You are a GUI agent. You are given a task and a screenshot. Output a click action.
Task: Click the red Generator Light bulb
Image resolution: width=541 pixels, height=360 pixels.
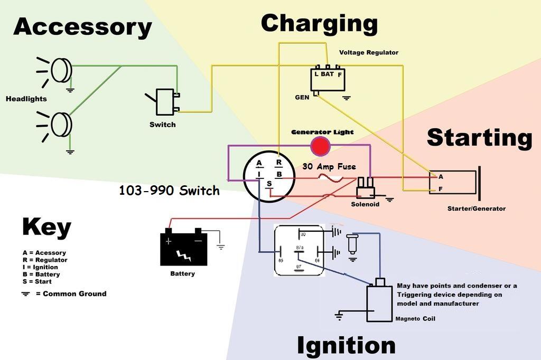coord(320,146)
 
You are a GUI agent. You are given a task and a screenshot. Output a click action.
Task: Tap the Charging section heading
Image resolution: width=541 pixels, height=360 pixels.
coord(319,23)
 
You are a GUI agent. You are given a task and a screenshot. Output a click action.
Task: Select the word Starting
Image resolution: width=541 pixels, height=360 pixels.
coord(479,137)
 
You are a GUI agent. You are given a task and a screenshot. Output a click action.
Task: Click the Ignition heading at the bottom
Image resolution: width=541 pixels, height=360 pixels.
coord(346,345)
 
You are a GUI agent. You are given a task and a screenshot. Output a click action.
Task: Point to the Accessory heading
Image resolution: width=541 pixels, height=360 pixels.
coord(82,26)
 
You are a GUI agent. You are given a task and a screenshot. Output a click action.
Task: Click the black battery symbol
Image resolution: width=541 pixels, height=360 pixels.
coord(183,248)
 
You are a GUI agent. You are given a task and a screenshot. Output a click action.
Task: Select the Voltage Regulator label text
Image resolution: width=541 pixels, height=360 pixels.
coord(368,53)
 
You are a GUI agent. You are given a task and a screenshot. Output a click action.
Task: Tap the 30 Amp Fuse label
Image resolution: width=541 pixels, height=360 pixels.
coord(329,166)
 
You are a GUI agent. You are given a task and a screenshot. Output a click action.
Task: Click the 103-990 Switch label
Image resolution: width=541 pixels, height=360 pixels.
coord(169,191)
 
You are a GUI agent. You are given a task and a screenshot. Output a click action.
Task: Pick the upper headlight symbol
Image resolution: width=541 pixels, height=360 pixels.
coord(60,70)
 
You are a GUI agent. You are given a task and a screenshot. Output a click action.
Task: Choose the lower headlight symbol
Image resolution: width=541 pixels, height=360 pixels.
coord(60,124)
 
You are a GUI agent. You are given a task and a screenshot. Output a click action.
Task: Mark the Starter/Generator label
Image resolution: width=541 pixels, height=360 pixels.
coord(476,209)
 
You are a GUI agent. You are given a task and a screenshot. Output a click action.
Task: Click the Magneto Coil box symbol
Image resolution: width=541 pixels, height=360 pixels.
coord(379,302)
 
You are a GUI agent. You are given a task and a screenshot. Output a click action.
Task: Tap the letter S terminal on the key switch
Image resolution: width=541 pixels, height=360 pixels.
coord(269,183)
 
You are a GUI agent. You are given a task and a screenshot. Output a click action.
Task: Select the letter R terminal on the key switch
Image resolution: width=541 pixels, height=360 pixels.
coord(279,163)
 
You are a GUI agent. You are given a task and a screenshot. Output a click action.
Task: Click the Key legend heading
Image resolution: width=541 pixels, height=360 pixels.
coord(46,228)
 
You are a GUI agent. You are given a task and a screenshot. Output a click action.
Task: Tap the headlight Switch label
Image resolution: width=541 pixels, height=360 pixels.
coord(163,125)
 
